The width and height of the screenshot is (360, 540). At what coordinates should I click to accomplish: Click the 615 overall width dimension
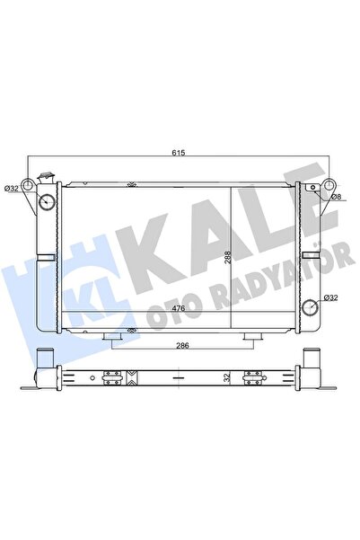(179, 154)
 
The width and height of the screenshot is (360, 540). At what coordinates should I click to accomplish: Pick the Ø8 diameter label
(337, 195)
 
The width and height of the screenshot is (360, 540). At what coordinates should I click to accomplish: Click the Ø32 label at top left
(12, 188)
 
